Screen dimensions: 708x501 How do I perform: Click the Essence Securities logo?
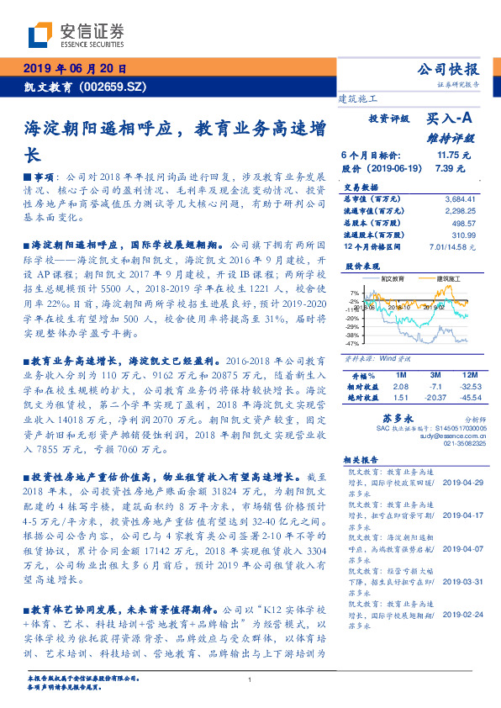pos(76,34)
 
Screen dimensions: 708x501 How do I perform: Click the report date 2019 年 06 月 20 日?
pos(73,69)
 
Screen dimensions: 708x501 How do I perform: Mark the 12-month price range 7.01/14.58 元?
pos(452,247)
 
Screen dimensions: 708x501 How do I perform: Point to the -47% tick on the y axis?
pos(352,343)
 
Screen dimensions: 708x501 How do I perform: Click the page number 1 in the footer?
pos(250,680)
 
